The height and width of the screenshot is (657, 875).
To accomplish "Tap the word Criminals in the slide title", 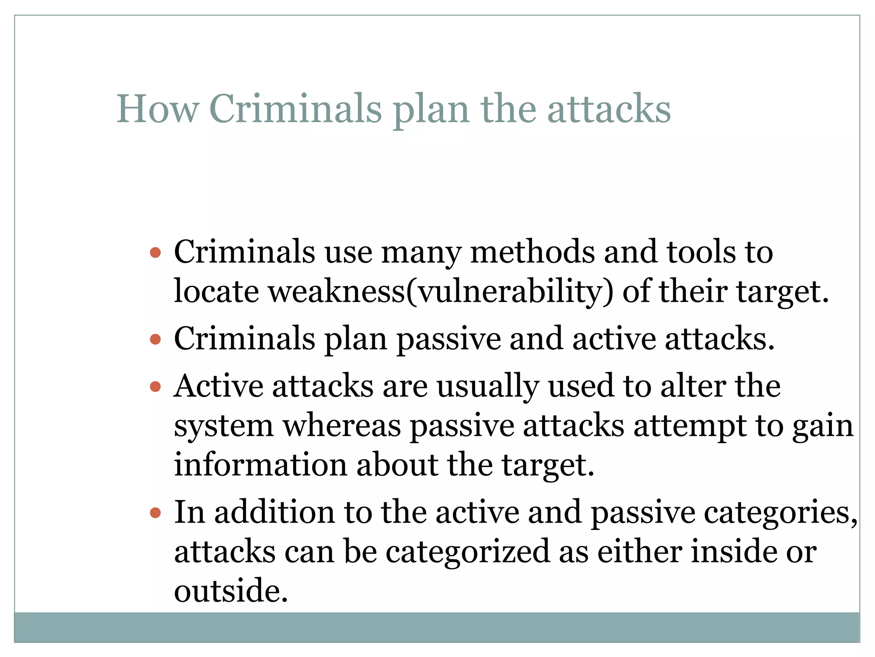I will [295, 109].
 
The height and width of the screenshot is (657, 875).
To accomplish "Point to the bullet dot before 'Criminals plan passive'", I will [156, 340].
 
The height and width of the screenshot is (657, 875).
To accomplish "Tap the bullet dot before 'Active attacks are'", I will [156, 387].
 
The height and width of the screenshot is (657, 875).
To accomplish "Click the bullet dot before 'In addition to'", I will [156, 512].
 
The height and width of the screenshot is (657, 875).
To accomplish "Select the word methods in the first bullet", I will [532, 252].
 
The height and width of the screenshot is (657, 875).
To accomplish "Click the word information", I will [260, 465].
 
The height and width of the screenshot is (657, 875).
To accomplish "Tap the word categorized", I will [467, 552].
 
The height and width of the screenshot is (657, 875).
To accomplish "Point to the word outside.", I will [231, 591].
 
